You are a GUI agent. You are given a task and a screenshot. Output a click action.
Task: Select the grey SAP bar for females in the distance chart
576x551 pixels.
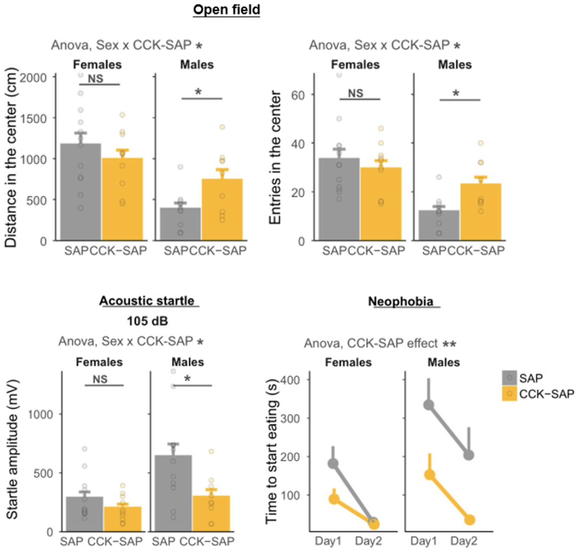(x=81, y=192)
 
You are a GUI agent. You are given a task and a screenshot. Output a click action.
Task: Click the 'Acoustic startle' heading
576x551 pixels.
(x=149, y=301)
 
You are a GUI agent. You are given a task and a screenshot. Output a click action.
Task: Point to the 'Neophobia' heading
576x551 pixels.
(x=403, y=302)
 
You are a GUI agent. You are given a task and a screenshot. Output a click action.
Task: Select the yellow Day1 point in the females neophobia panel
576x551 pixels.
(x=334, y=499)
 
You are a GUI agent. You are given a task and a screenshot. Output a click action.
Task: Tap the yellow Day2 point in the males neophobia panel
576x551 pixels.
(x=469, y=520)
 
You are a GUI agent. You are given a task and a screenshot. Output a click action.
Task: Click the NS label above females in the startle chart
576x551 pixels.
(x=104, y=378)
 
